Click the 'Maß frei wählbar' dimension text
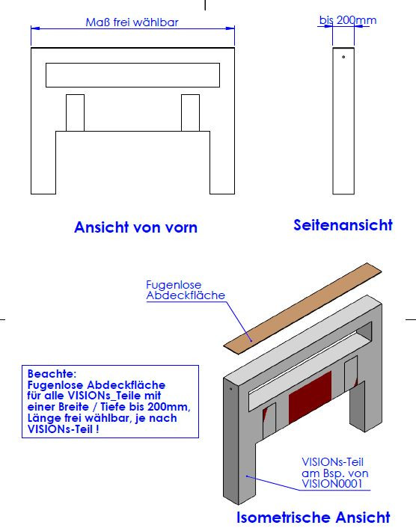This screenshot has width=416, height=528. [x=132, y=22]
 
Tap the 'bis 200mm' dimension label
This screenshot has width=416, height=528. [x=348, y=20]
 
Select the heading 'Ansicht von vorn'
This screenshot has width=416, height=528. [x=135, y=227]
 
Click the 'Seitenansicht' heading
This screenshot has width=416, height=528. [x=343, y=225]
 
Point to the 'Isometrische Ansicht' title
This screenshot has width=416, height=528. [x=313, y=518]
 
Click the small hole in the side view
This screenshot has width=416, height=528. [x=343, y=57]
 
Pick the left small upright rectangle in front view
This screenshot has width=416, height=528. [x=75, y=113]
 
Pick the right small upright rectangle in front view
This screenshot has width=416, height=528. [x=190, y=113]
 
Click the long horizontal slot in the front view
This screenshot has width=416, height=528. [x=132, y=75]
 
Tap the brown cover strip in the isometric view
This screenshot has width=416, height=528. [x=302, y=308]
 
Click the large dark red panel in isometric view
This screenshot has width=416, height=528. [x=310, y=397]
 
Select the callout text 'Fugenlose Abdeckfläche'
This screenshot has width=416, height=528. [x=186, y=290]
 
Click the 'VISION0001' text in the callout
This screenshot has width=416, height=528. [x=331, y=484]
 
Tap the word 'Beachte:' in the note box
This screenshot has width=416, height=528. [x=52, y=374]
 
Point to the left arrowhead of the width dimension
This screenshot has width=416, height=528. [x=35, y=28]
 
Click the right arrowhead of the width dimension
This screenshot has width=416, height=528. [x=230, y=28]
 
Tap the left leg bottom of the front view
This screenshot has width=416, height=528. [x=43, y=194]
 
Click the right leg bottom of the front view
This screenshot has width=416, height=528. [x=222, y=194]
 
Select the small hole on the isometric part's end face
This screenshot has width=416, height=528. [x=230, y=389]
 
